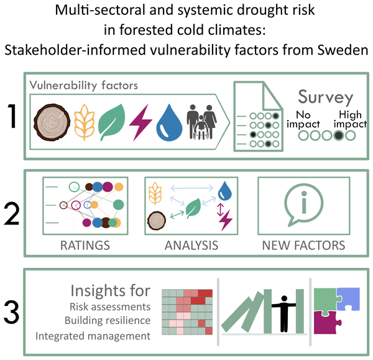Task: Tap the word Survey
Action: [x=325, y=98]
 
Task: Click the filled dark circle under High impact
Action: [x=338, y=135]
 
